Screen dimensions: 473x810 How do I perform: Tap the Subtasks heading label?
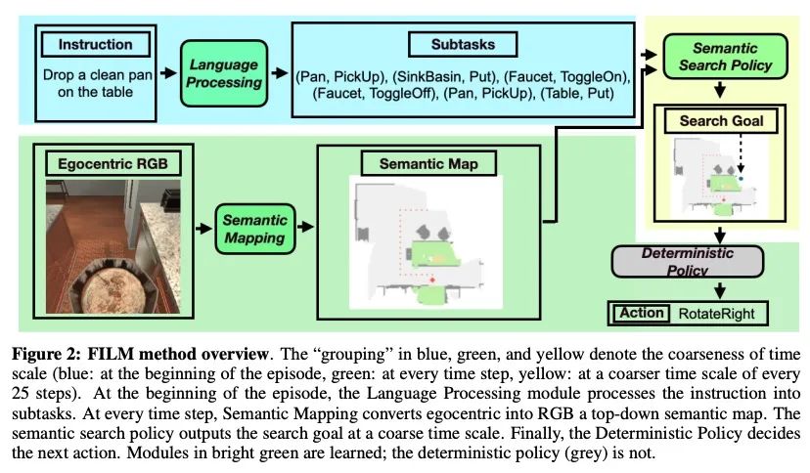(463, 45)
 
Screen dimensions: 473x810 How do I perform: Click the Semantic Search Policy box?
(719, 57)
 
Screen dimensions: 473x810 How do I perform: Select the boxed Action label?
(640, 314)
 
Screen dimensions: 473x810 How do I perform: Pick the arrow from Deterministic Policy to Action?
(719, 290)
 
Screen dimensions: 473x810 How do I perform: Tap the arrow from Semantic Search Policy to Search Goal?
(720, 91)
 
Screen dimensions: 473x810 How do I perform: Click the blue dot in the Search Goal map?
(742, 180)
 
